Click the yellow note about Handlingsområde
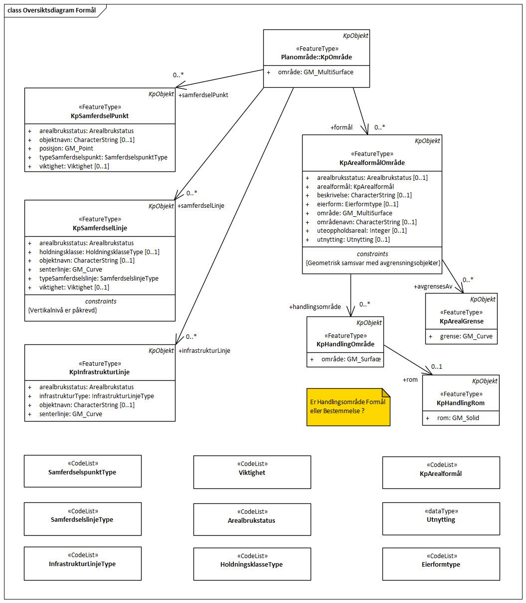tap(348, 407)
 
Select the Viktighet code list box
tap(252, 471)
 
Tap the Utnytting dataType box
tap(441, 519)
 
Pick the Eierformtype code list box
tap(441, 564)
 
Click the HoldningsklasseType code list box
tap(252, 564)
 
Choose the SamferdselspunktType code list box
tap(82, 471)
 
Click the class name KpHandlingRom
tap(460, 403)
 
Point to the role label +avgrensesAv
tap(433, 287)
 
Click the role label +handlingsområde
tap(315, 307)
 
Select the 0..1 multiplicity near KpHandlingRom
tap(437, 367)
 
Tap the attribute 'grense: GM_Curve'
tap(466, 336)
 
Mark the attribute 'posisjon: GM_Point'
tap(66, 149)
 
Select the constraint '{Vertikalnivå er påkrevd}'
tap(63, 310)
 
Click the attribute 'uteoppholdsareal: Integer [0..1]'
tap(361, 231)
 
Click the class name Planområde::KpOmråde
tap(317, 57)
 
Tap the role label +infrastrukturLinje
tap(204, 351)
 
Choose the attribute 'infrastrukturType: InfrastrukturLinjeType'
tap(97, 396)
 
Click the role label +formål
tap(342, 128)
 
